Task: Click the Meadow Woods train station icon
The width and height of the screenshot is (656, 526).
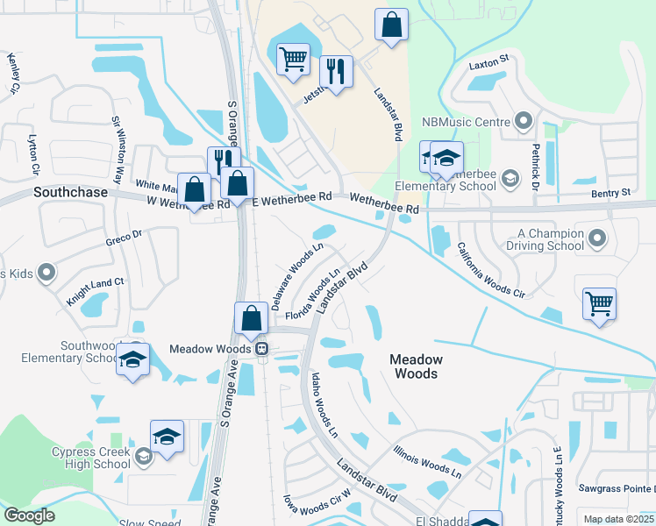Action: [261, 349]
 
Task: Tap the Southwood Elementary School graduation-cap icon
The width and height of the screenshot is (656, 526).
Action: [132, 360]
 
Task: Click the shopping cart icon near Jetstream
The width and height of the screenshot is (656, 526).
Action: [293, 60]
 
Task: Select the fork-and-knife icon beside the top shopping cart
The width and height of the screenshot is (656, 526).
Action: [336, 69]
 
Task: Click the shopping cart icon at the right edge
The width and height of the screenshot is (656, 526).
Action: [600, 304]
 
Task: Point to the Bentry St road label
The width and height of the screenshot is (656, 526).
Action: [610, 192]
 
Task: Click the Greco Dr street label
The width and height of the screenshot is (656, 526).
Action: [124, 238]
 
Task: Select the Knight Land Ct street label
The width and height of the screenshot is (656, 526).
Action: [96, 292]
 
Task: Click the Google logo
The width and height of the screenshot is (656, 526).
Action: [29, 515]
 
